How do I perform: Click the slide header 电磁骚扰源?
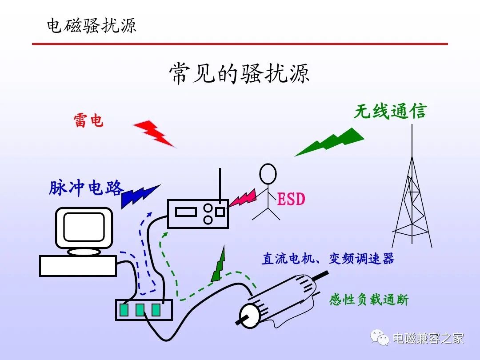pyautogui.click(x=92, y=25)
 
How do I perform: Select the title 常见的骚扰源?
pyautogui.click(x=239, y=73)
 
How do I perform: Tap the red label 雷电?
pyautogui.click(x=88, y=120)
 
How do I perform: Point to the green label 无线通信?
pyautogui.click(x=390, y=111)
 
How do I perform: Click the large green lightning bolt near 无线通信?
pyautogui.click(x=331, y=141)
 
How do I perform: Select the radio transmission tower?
pyautogui.click(x=412, y=200)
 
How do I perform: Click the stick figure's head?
pyautogui.click(x=268, y=174)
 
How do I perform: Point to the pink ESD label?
pyautogui.click(x=291, y=199)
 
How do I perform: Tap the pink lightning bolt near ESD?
pyautogui.click(x=242, y=199)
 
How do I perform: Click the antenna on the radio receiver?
pyautogui.click(x=220, y=184)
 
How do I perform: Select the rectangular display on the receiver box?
pyautogui.click(x=186, y=212)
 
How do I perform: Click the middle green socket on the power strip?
pyautogui.click(x=140, y=310)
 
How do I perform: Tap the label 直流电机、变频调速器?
pyautogui.click(x=328, y=259)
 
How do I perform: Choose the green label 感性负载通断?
pyautogui.click(x=368, y=300)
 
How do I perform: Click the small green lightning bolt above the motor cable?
pyautogui.click(x=219, y=266)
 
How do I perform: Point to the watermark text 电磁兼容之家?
pyautogui.click(x=428, y=338)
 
